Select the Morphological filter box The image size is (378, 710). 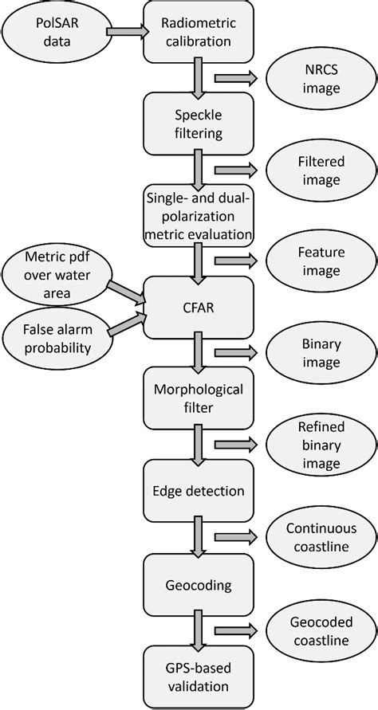tap(197, 396)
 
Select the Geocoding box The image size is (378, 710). tap(197, 585)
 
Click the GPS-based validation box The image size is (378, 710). tap(197, 677)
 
